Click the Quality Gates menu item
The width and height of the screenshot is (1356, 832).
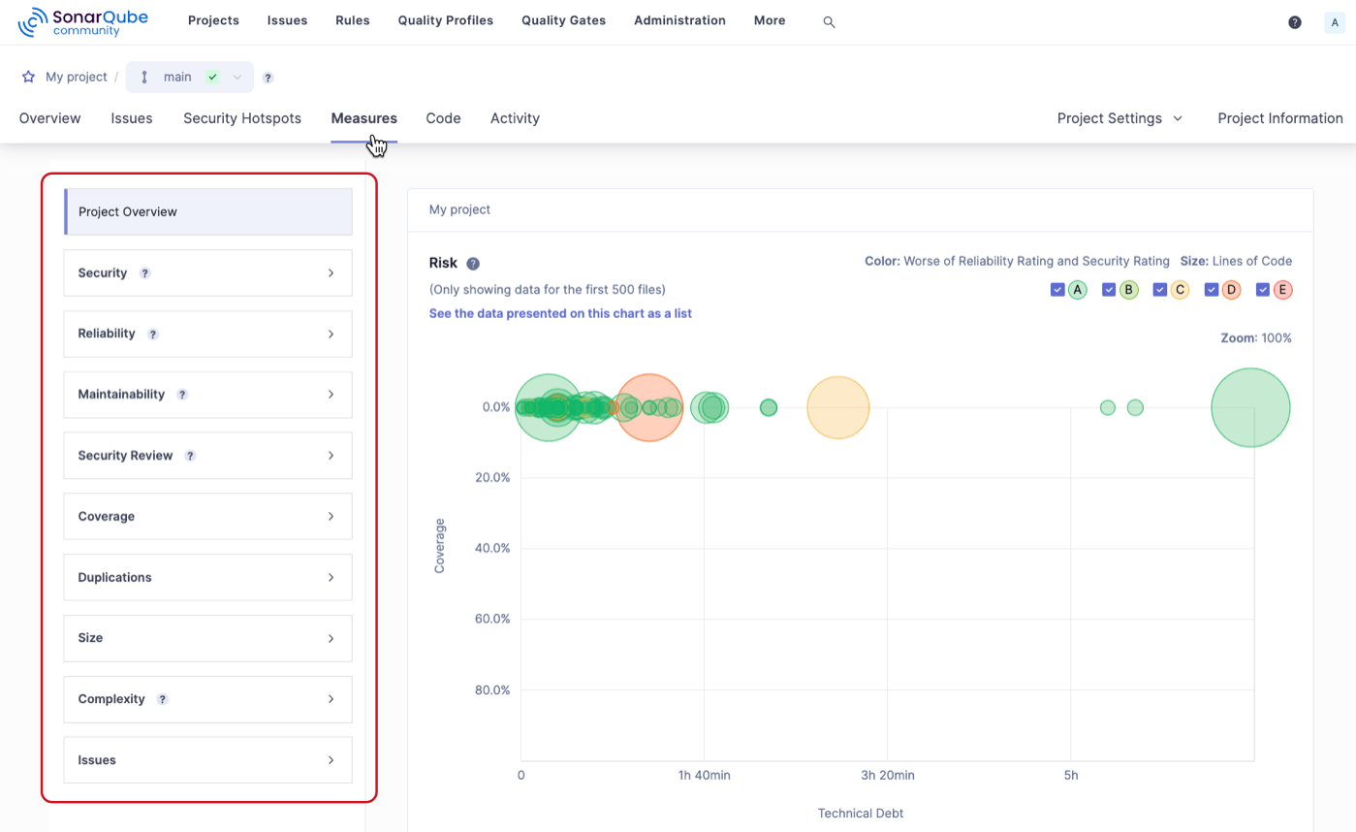(563, 20)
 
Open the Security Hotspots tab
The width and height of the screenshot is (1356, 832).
(242, 118)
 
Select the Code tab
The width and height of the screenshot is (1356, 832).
(443, 118)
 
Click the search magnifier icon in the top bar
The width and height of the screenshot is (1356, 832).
(829, 21)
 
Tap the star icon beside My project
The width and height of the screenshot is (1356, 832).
(28, 77)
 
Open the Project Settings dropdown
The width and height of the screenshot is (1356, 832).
(1119, 118)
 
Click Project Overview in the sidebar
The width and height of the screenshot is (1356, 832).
(207, 211)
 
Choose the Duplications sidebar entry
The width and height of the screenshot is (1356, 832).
(207, 577)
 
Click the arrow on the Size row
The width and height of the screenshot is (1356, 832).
(331, 638)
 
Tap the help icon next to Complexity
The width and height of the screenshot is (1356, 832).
(162, 699)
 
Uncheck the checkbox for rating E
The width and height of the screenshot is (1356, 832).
(1263, 289)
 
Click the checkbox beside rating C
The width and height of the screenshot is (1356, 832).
(1160, 289)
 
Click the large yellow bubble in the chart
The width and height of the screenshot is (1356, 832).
(838, 407)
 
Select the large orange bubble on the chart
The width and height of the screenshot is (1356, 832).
(649, 407)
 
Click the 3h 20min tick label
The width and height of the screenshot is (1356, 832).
(887, 775)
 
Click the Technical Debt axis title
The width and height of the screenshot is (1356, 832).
(860, 814)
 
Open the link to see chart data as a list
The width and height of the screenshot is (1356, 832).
(560, 314)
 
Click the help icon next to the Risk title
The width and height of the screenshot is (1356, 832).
(473, 264)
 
